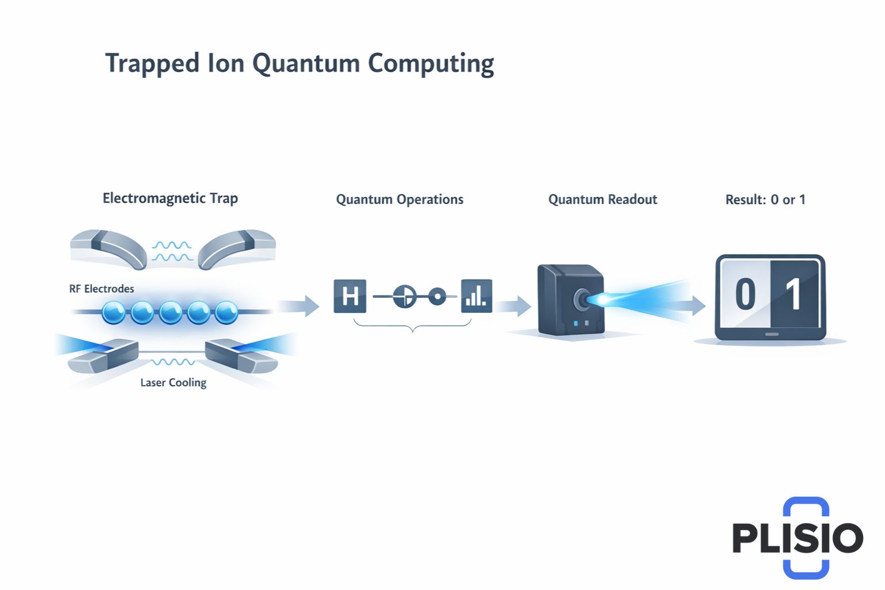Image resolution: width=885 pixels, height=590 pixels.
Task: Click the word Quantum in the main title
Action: [306, 63]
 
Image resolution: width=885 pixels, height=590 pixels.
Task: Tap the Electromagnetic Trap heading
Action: [170, 198]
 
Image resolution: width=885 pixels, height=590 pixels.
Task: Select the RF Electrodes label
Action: [101, 289]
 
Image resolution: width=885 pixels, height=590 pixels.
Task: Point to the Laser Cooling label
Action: [173, 383]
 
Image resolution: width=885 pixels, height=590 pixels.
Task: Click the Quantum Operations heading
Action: [399, 199]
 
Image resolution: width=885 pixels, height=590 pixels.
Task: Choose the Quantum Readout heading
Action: [602, 199]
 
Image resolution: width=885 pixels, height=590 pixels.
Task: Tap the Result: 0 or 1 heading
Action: [765, 199]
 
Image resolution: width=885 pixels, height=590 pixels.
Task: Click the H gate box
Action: [350, 296]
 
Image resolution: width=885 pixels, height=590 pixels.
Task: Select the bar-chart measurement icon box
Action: [476, 296]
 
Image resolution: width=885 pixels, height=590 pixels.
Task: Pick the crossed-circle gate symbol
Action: [404, 297]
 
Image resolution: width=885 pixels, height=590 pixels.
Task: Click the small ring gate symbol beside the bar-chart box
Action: [437, 297]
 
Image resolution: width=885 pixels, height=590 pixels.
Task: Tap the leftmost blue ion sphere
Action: [114, 313]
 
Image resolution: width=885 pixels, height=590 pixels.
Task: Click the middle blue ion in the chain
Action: [171, 313]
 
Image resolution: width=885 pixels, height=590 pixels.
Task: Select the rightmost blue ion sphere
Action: [226, 313]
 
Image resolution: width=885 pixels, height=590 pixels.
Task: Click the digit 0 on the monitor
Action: [745, 294]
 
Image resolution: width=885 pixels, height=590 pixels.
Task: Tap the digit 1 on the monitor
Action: [793, 294]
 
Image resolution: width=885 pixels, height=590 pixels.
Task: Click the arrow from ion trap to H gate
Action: [300, 305]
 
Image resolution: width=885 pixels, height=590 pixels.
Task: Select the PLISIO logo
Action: [797, 537]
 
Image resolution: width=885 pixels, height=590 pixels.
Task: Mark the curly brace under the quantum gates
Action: [413, 326]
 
